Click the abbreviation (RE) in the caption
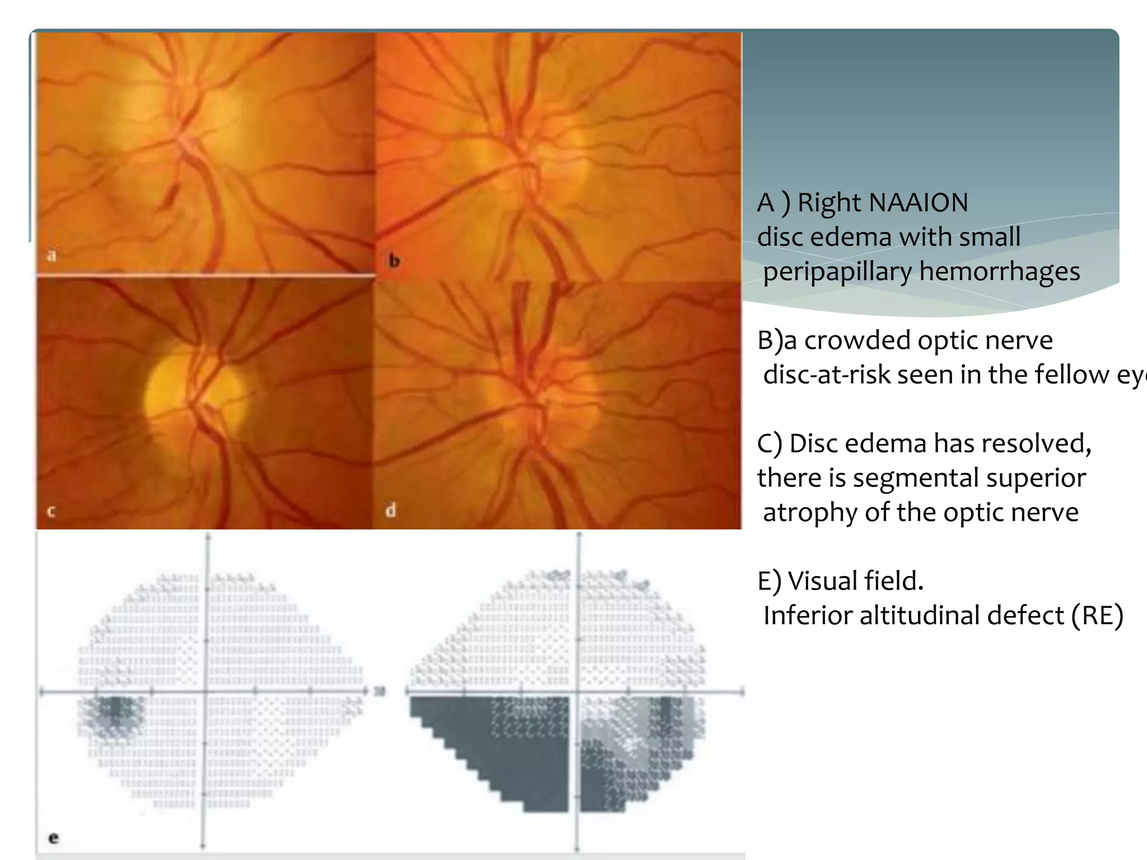[x=1097, y=615]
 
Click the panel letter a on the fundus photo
[x=52, y=256]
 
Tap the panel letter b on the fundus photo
[x=394, y=260]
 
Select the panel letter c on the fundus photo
[x=51, y=511]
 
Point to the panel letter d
[x=391, y=510]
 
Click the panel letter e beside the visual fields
[x=53, y=838]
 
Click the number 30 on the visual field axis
[x=380, y=691]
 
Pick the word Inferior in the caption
[x=807, y=615]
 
